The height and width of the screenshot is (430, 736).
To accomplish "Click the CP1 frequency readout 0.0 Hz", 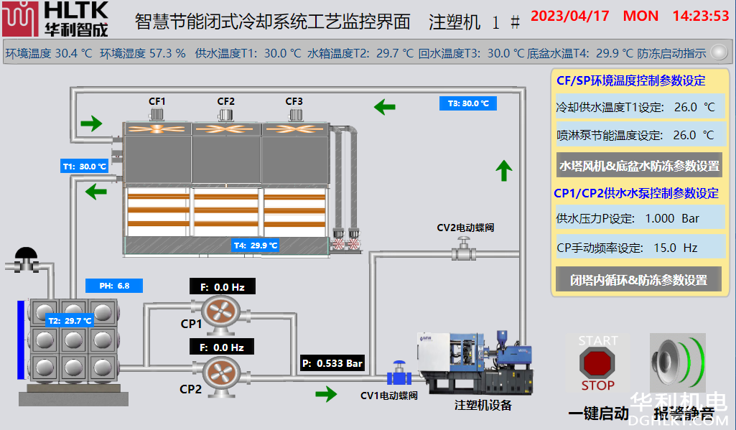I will pos(223,287).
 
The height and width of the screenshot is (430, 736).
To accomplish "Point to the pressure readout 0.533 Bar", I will pos(332,363).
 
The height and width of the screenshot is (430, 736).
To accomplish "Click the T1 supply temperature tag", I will pos(83,167).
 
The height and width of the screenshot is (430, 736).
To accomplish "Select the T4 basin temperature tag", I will pos(256,246).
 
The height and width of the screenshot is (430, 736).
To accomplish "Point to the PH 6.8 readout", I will pos(114,286).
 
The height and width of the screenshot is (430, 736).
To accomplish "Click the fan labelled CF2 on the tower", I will pos(226,129).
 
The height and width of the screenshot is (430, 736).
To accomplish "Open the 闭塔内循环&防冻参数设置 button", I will pos(638,280).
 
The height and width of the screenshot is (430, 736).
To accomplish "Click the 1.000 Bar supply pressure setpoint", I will pos(672,218).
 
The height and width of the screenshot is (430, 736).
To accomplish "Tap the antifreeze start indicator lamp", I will pos(717,52).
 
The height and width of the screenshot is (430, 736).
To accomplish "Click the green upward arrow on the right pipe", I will pos(504,171).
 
